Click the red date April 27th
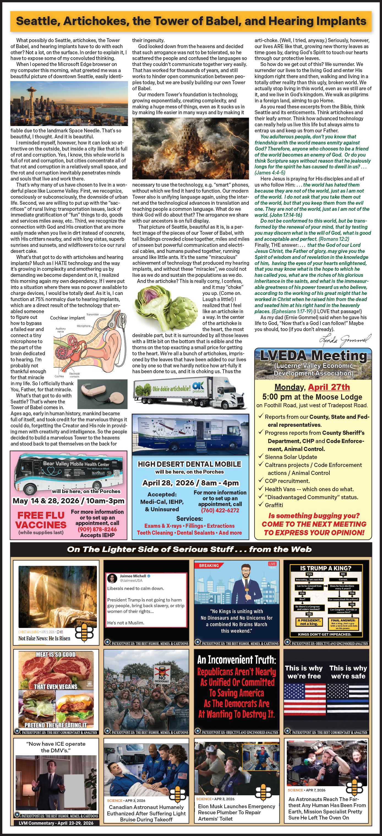pos(329,387)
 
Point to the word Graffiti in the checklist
pos(274,505)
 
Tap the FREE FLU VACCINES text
pos(41,520)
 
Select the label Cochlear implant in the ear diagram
pos(67,318)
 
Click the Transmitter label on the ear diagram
pos(92,314)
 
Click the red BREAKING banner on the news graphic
pos(209,565)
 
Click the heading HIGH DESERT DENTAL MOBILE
pos(190,464)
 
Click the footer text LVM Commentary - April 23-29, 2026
pos(56,823)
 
